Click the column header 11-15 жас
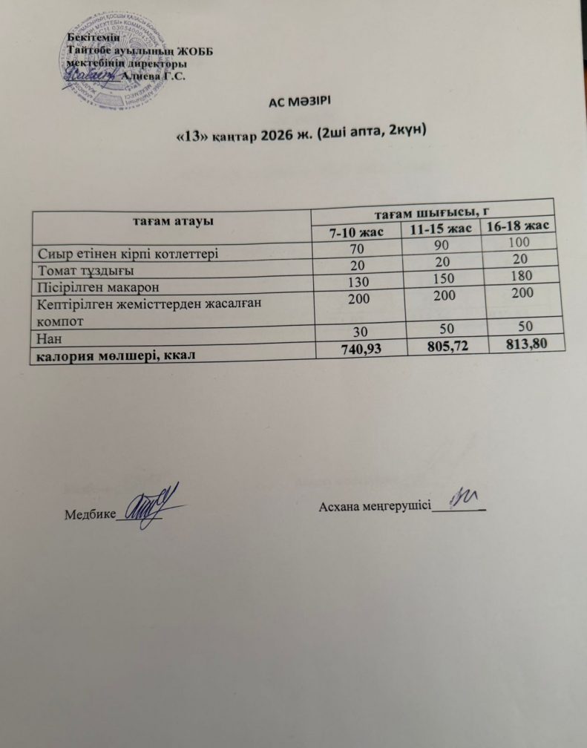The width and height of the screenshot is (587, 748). click(441, 229)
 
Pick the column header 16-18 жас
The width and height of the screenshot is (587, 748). click(518, 225)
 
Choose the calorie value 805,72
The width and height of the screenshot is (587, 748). click(445, 345)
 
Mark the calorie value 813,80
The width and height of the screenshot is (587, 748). click(525, 341)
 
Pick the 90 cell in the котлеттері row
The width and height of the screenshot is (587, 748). click(442, 249)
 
